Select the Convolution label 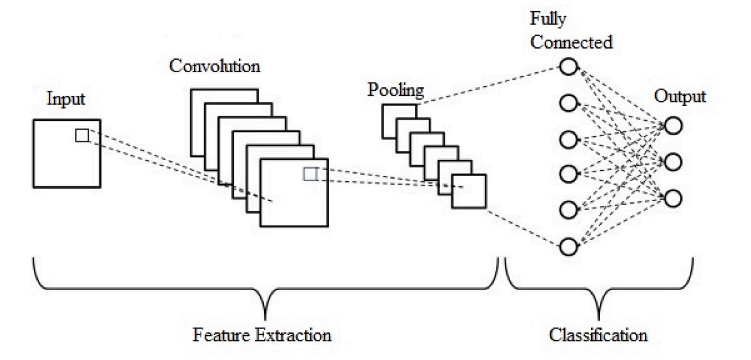tap(215, 66)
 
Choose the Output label tap(680, 97)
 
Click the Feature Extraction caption tap(262, 334)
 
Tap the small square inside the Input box tap(82, 136)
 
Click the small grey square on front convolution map tap(310, 174)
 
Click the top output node tap(674, 126)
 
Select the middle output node tap(674, 162)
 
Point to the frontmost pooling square tap(469, 191)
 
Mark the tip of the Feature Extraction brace tap(265, 317)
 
